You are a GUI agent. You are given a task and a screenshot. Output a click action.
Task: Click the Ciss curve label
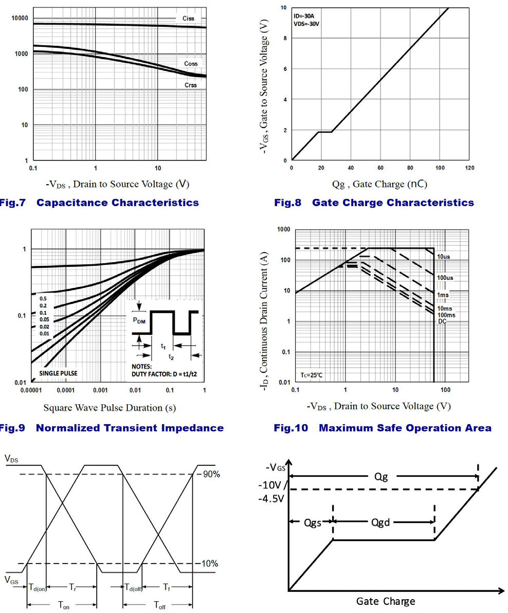[189, 19]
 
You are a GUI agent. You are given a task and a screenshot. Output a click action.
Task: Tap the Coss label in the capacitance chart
[191, 64]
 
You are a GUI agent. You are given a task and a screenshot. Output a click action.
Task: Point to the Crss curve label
[190, 85]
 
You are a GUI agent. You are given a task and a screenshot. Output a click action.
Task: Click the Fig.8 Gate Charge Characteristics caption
[374, 203]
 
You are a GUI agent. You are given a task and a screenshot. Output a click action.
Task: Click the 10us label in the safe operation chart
[444, 256]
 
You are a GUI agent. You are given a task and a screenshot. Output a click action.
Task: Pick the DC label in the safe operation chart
[442, 321]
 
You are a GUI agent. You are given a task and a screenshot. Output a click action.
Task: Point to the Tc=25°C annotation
[312, 375]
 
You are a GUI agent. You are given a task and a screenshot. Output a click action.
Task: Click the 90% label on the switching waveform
[210, 474]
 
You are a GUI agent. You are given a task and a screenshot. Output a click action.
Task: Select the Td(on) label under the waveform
[38, 587]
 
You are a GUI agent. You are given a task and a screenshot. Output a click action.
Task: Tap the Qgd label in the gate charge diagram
[380, 522]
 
